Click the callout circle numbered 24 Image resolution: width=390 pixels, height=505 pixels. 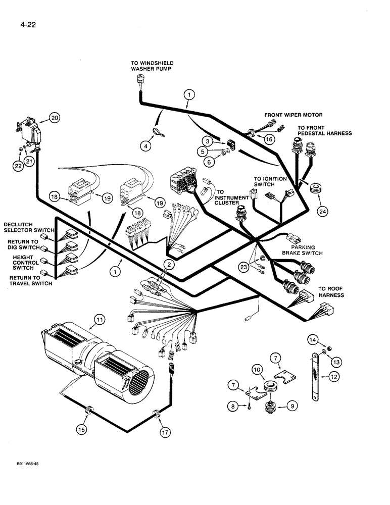321,211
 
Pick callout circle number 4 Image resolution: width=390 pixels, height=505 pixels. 147,146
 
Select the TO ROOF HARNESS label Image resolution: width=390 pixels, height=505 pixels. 330,292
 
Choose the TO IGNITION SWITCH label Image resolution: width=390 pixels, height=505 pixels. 270,181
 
